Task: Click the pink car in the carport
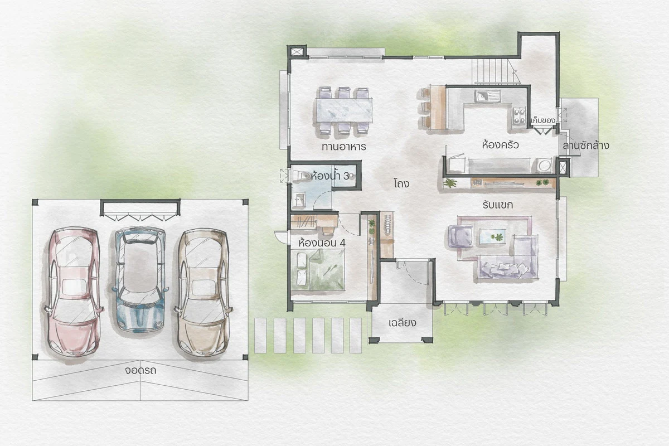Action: (x=73, y=293)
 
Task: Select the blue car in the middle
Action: (x=140, y=279)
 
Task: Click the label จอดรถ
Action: (x=140, y=370)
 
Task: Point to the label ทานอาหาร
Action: (x=344, y=147)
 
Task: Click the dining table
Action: (x=344, y=110)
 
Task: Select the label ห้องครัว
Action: (x=500, y=145)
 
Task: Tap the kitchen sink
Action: (x=487, y=96)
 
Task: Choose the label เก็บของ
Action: (x=543, y=120)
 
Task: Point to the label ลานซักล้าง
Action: (x=586, y=146)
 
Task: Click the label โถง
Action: (x=401, y=183)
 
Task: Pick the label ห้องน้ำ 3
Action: (x=330, y=176)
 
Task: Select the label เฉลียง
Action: (x=403, y=323)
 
